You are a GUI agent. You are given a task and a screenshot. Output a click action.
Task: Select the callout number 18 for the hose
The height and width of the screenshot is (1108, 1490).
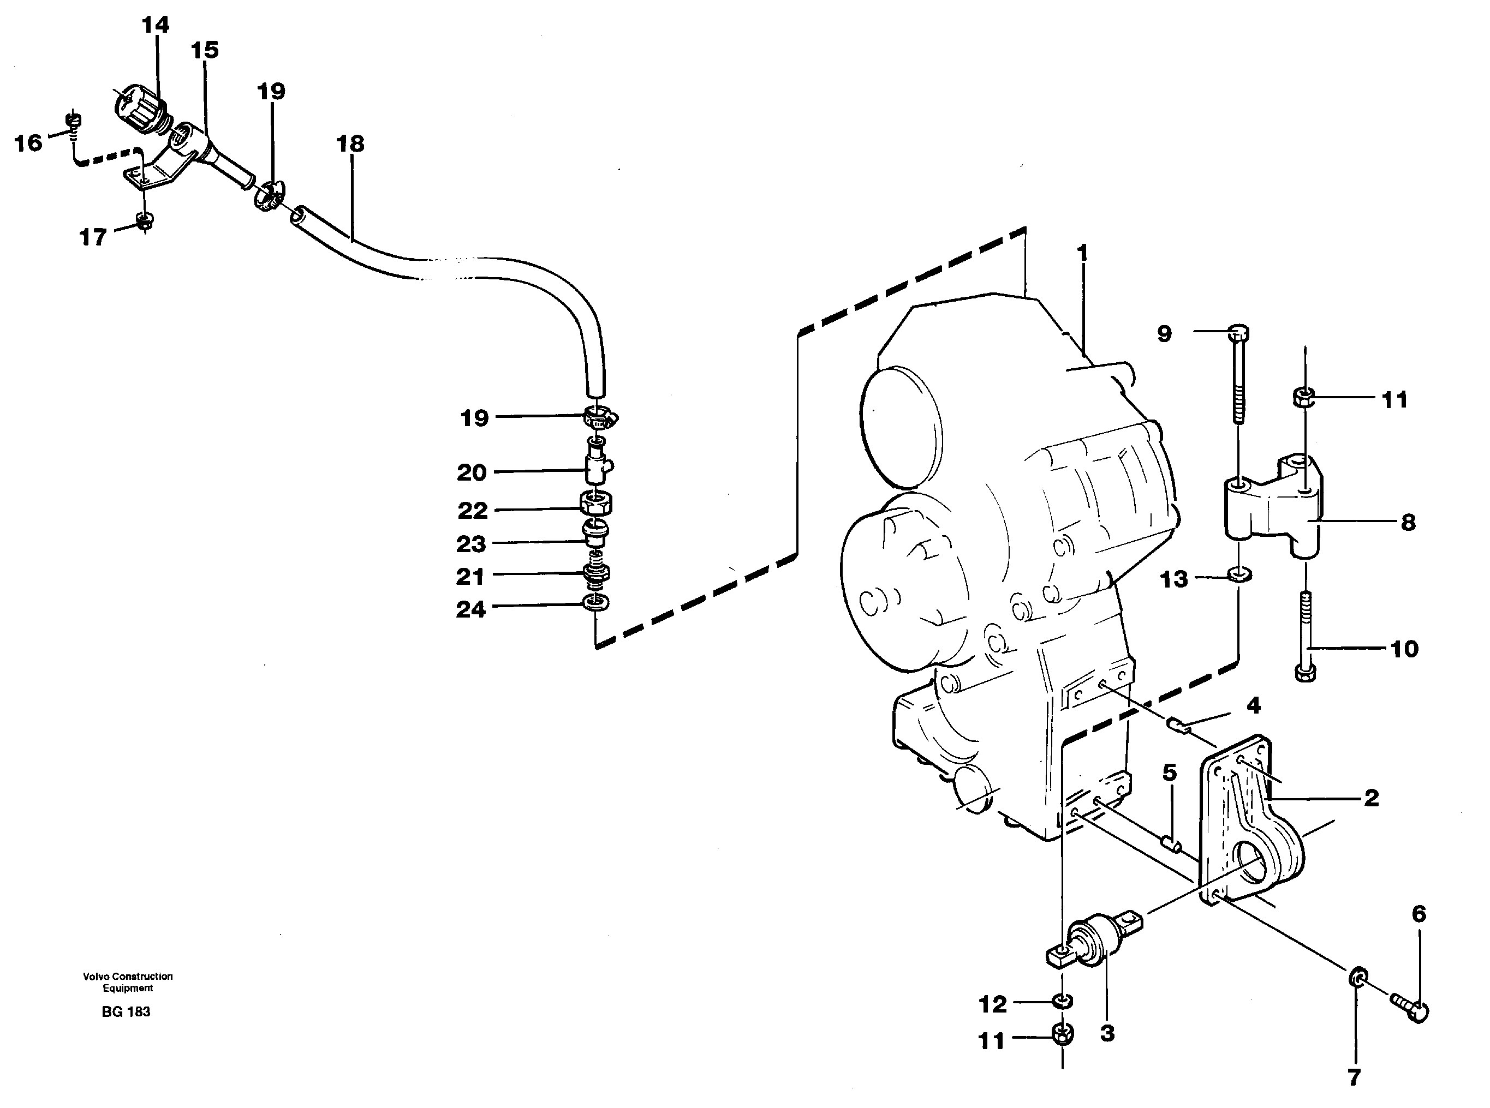click(350, 143)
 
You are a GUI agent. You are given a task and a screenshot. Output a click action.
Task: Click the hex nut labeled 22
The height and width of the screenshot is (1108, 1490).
click(595, 503)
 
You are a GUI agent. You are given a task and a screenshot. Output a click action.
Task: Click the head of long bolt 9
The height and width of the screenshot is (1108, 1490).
click(1239, 332)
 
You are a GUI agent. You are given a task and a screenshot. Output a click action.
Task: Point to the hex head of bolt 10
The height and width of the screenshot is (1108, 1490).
click(1306, 673)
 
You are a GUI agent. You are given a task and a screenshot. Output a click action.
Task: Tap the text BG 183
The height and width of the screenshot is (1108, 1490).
click(126, 1012)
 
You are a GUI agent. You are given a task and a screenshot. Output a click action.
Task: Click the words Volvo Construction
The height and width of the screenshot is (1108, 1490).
click(128, 977)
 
